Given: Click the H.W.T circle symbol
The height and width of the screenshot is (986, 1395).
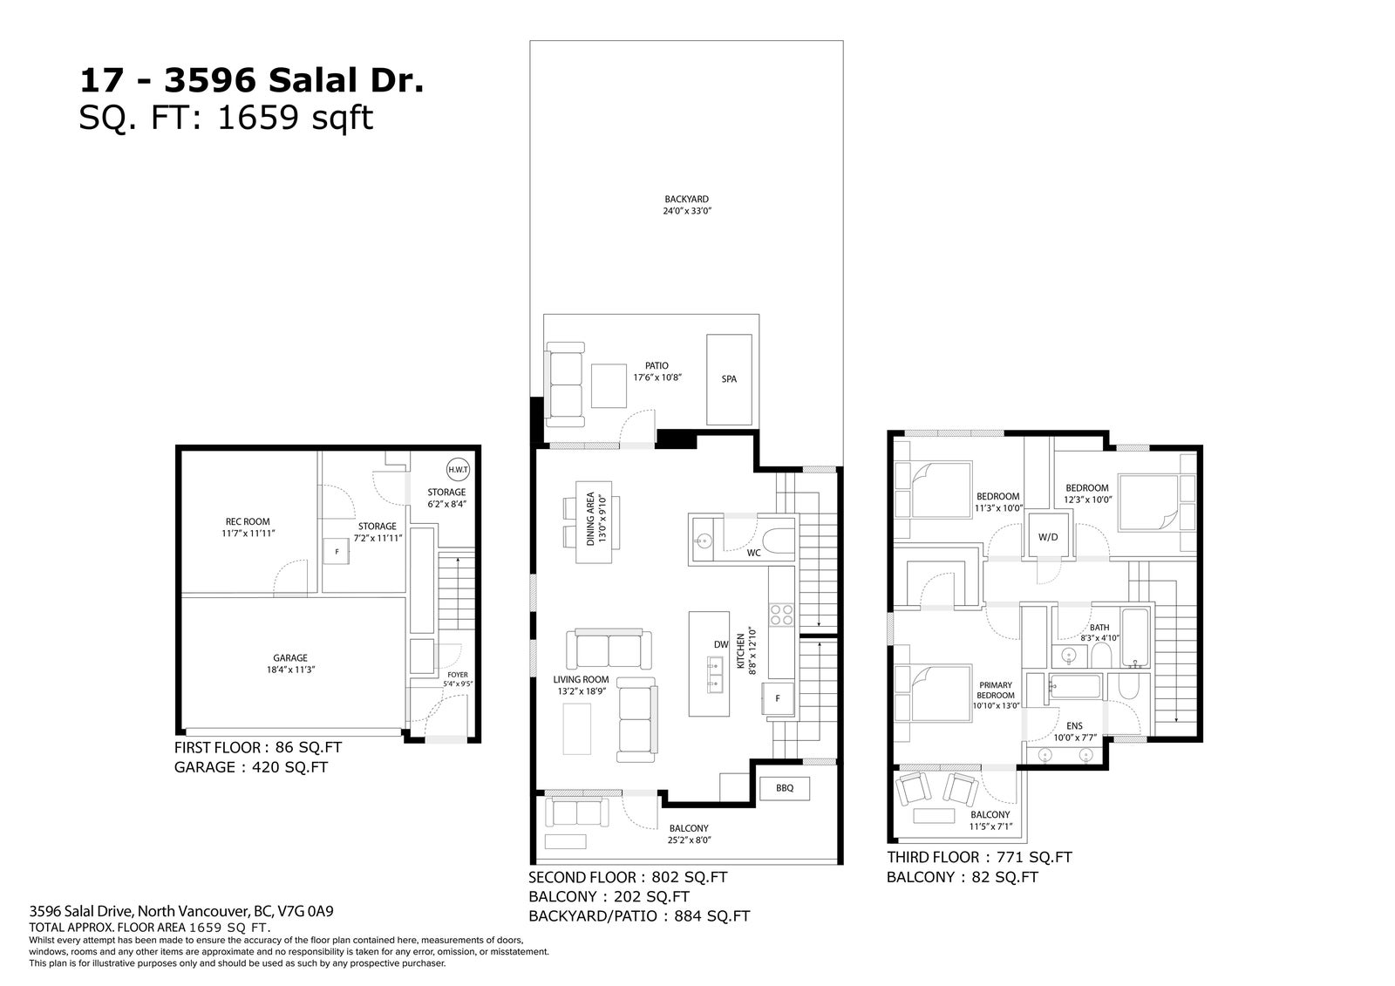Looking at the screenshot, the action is pyautogui.click(x=459, y=470).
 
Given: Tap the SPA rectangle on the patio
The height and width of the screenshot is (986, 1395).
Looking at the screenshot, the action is pyautogui.click(x=729, y=379).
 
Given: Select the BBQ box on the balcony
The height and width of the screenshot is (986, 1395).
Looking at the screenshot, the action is pyautogui.click(x=785, y=788).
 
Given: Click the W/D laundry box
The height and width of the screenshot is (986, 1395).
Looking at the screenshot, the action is pyautogui.click(x=1048, y=534).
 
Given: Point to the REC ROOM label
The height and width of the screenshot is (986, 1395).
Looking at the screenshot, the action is pyautogui.click(x=248, y=522).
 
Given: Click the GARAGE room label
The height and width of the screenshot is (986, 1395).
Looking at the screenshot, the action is pyautogui.click(x=290, y=657).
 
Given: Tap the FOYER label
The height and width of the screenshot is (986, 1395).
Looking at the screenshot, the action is pyautogui.click(x=458, y=675).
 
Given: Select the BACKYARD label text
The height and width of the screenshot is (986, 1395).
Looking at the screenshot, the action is pyautogui.click(x=686, y=200).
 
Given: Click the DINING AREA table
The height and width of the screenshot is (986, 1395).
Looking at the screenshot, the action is pyautogui.click(x=594, y=522).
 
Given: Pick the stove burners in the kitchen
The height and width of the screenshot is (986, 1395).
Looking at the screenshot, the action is pyautogui.click(x=781, y=615).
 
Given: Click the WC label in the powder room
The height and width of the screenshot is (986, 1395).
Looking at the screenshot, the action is pyautogui.click(x=753, y=553).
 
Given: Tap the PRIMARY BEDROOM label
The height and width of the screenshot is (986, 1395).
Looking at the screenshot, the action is pyautogui.click(x=995, y=690).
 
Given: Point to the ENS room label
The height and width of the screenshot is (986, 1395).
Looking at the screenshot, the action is pyautogui.click(x=1074, y=725).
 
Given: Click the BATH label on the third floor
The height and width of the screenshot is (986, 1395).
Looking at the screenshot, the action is pyautogui.click(x=1099, y=627).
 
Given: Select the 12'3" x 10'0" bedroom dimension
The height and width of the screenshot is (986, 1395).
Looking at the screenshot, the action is pyautogui.click(x=1087, y=500).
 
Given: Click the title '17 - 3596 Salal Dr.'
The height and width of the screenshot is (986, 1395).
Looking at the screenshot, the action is pyautogui.click(x=252, y=81).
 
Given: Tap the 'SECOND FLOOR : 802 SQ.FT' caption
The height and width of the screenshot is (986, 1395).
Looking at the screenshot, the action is pyautogui.click(x=628, y=878).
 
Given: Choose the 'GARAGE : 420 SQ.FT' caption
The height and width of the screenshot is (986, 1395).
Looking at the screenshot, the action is pyautogui.click(x=251, y=767).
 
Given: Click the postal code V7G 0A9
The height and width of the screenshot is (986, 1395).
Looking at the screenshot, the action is pyautogui.click(x=305, y=911).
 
